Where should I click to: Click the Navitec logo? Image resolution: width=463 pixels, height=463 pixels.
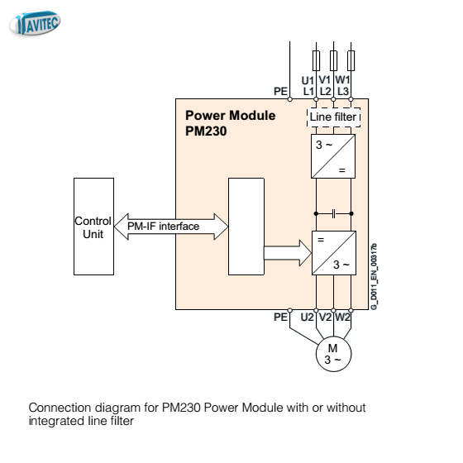(x=35, y=23)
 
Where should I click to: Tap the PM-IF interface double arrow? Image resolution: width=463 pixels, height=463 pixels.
(x=171, y=227)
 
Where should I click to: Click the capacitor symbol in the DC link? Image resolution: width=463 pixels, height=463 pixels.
(x=334, y=213)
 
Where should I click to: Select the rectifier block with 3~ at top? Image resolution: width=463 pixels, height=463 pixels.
(x=333, y=156)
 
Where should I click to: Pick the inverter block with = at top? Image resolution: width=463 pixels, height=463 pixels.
(x=334, y=253)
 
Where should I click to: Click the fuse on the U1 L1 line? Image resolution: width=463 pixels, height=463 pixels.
(x=316, y=60)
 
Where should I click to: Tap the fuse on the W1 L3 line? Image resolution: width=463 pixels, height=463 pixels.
(x=351, y=60)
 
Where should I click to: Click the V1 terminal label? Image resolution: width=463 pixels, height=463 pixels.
(x=325, y=79)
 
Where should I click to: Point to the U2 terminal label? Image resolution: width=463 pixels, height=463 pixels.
(x=307, y=317)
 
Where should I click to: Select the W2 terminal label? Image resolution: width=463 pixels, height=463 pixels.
(x=342, y=317)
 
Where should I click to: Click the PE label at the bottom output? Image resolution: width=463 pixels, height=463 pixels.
(x=280, y=317)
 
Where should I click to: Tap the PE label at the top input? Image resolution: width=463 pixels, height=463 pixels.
(x=280, y=91)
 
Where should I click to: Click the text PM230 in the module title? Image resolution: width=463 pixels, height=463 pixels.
(x=206, y=131)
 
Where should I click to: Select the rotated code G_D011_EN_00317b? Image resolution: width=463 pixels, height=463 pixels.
(x=374, y=276)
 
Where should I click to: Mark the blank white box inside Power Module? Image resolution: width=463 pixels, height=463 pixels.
(x=246, y=227)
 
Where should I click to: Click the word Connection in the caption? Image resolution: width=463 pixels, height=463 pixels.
(x=60, y=408)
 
